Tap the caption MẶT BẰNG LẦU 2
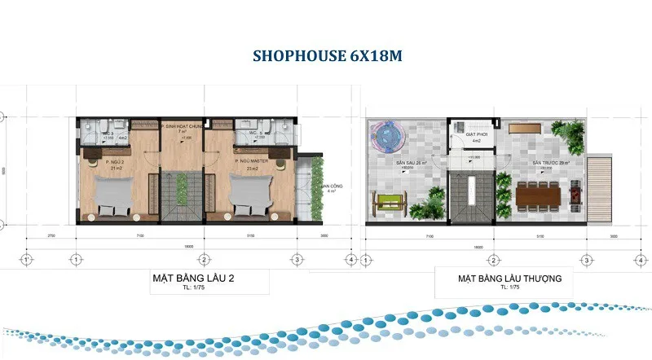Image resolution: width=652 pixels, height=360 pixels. pyautogui.click(x=193, y=278)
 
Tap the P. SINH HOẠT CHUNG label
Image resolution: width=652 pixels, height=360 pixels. pyautogui.click(x=182, y=128)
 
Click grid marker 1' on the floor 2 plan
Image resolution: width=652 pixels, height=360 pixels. pyautogui.click(x=27, y=260)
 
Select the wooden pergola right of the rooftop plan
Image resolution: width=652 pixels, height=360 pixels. pyautogui.click(x=601, y=187)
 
